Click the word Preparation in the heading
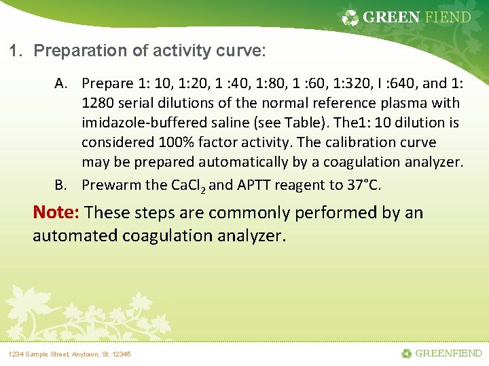click(75, 51)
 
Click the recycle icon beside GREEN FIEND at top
click(350, 18)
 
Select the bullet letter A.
click(61, 83)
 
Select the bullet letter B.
click(61, 184)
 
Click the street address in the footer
click(69, 354)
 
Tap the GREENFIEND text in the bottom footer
click(448, 353)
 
